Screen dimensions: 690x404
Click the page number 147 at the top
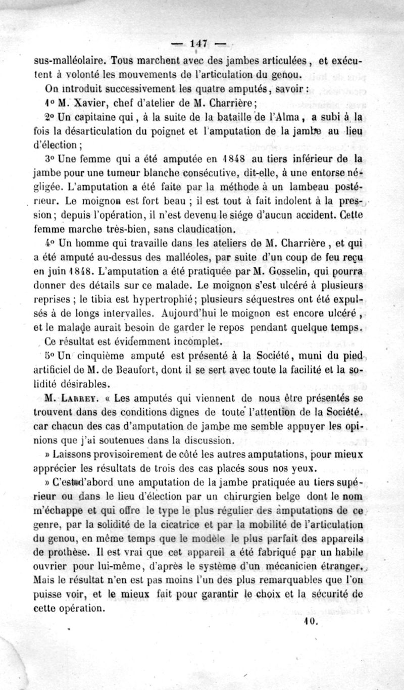(x=201, y=43)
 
